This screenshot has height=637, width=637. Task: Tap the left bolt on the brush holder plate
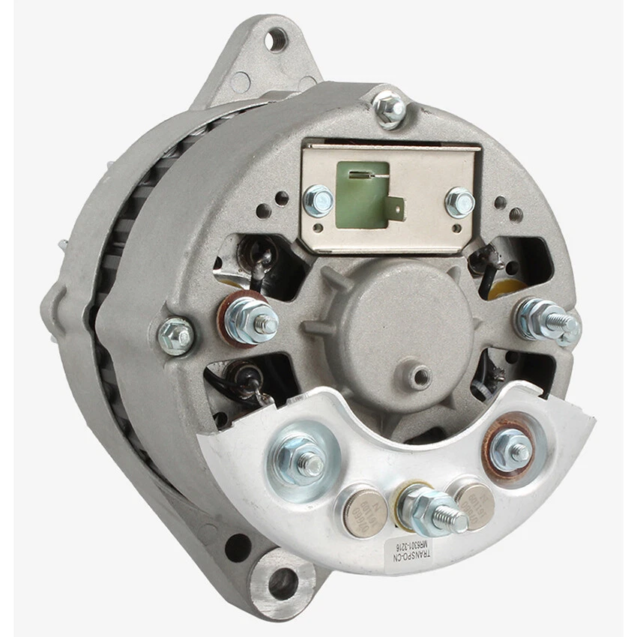click(318, 201)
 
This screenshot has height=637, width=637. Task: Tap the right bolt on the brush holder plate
click(459, 202)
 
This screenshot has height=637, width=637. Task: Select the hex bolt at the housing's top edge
click(390, 109)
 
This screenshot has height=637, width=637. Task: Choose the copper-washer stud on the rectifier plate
click(513, 450)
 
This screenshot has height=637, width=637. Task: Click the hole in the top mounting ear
click(277, 37)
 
